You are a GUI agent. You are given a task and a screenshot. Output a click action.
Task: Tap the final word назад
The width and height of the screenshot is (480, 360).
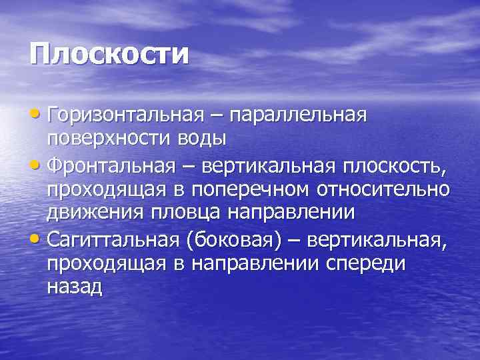click(74, 286)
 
